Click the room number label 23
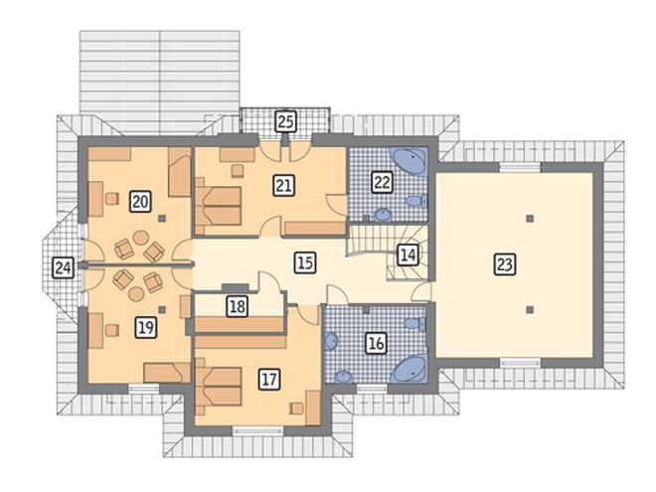click(505, 264)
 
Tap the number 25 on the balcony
click(285, 121)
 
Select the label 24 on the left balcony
click(64, 267)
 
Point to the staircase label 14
click(408, 254)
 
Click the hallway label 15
click(305, 262)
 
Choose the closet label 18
click(238, 306)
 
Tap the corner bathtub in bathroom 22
click(410, 160)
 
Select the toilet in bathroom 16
click(415, 324)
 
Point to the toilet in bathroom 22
click(416, 201)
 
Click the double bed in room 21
click(219, 206)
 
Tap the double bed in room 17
click(219, 387)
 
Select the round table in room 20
click(141, 238)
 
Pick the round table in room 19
click(136, 293)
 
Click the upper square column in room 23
click(530, 218)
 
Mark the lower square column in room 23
click(530, 310)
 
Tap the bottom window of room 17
click(258, 431)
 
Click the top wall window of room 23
click(520, 168)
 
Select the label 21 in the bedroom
click(284, 185)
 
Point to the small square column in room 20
click(162, 218)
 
